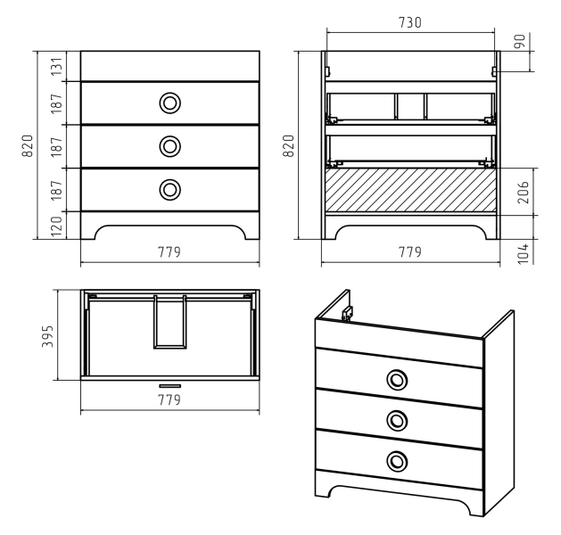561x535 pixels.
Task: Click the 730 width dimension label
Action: point(410,22)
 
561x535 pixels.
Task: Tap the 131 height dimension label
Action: point(56,66)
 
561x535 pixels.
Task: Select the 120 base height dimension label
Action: point(56,226)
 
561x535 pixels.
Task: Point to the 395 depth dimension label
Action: point(47,336)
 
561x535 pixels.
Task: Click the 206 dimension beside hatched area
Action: point(523,192)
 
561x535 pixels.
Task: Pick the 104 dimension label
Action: point(523,253)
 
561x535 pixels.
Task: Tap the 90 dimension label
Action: point(519,41)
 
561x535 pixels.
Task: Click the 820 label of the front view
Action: point(28,145)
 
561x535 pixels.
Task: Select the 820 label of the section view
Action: point(288,145)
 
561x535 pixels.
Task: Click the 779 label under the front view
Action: point(169,252)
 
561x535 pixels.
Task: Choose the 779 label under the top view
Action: point(169,399)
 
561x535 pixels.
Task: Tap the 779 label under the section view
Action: point(410,252)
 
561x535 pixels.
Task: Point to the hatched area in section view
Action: point(410,190)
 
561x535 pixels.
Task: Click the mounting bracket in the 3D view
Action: point(348,314)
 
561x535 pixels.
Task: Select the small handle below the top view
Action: point(170,386)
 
